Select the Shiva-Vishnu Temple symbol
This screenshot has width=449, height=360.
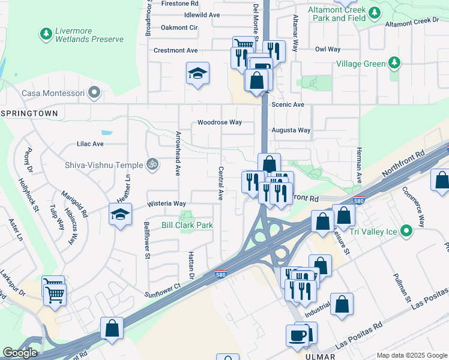(x=152, y=164)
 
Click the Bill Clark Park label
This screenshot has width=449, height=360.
(x=187, y=225)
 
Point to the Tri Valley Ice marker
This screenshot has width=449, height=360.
(x=407, y=230)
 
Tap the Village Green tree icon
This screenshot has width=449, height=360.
(x=394, y=63)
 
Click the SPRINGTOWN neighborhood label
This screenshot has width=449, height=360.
(x=30, y=113)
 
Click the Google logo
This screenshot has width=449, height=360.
(x=20, y=352)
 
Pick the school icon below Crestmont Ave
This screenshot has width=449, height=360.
(x=197, y=73)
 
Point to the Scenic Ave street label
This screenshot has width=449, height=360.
(x=288, y=104)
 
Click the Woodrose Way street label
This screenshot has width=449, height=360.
(x=220, y=122)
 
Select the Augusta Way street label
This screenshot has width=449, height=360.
(x=291, y=130)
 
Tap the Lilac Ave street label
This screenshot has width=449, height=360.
(x=90, y=144)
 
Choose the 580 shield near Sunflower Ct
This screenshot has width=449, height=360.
(x=221, y=275)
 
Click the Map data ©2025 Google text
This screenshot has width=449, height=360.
(x=411, y=355)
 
